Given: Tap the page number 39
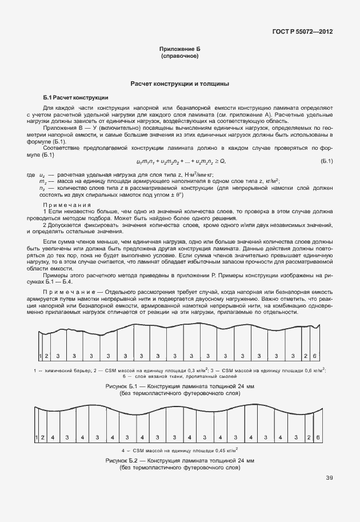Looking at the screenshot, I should click(329, 478).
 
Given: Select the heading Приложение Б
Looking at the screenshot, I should click(179, 50).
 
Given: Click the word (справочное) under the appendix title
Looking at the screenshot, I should click(179, 57).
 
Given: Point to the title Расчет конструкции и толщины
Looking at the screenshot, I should click(180, 83).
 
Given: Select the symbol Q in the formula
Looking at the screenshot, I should click(222, 162).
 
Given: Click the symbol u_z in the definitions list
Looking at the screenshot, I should click(42, 174).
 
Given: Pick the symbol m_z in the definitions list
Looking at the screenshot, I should click(42, 180).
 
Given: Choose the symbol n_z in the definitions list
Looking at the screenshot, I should click(42, 187).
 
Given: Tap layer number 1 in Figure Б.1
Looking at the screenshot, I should click(40, 356).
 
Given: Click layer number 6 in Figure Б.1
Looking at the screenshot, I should click(314, 356).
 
